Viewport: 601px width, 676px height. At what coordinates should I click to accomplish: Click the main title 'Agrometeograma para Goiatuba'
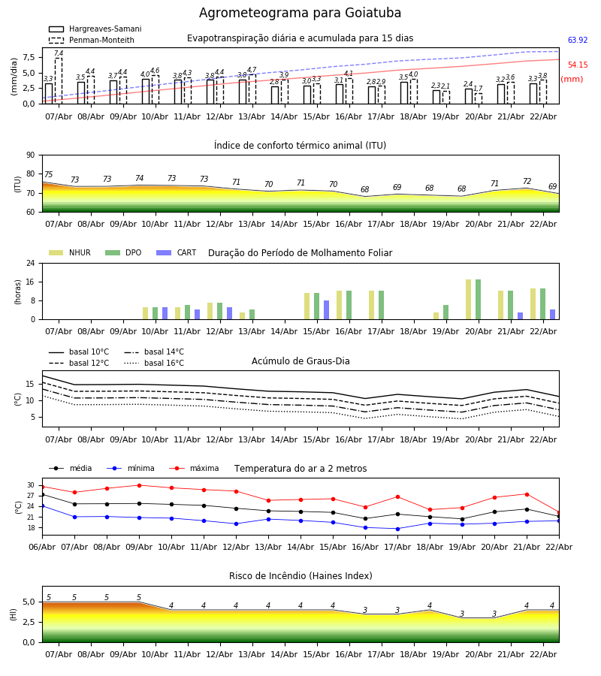click(x=300, y=14)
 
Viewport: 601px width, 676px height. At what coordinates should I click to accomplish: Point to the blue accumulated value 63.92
click(x=578, y=41)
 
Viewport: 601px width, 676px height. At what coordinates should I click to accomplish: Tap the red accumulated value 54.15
click(x=578, y=65)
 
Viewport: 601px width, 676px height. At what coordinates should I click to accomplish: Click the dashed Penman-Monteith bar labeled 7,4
click(x=59, y=80)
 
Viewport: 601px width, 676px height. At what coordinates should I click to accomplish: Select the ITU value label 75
click(x=49, y=175)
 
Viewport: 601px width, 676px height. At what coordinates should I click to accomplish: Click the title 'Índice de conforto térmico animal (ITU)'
click(x=300, y=146)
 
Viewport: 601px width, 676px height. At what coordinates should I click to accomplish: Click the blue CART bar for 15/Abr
click(x=327, y=309)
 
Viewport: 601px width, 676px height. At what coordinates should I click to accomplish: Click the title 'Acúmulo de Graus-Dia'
click(x=300, y=361)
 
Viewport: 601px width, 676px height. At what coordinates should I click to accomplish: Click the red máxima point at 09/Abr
click(x=139, y=485)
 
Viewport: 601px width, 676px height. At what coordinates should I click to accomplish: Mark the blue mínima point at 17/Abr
click(x=397, y=529)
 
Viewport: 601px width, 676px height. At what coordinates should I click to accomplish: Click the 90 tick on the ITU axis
click(x=30, y=155)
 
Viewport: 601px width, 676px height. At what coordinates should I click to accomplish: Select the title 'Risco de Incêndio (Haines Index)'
click(x=300, y=576)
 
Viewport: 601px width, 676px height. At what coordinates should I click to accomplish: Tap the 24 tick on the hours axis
click(x=30, y=264)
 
